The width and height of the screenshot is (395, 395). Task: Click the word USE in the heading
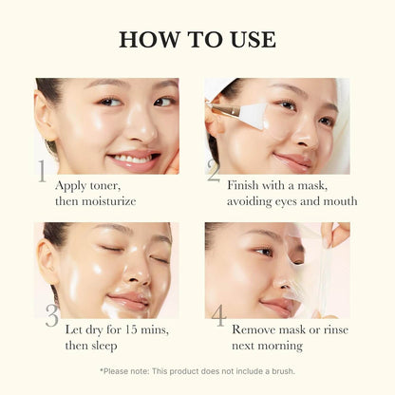click(250, 40)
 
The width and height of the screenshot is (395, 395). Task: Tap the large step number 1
click(43, 171)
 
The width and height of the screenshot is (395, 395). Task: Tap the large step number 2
click(214, 171)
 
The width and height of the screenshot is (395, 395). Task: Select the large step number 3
click(50, 316)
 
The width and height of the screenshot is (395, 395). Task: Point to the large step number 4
click(218, 316)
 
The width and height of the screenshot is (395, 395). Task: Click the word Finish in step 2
click(247, 185)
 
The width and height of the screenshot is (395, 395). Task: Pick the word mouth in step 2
click(338, 201)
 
